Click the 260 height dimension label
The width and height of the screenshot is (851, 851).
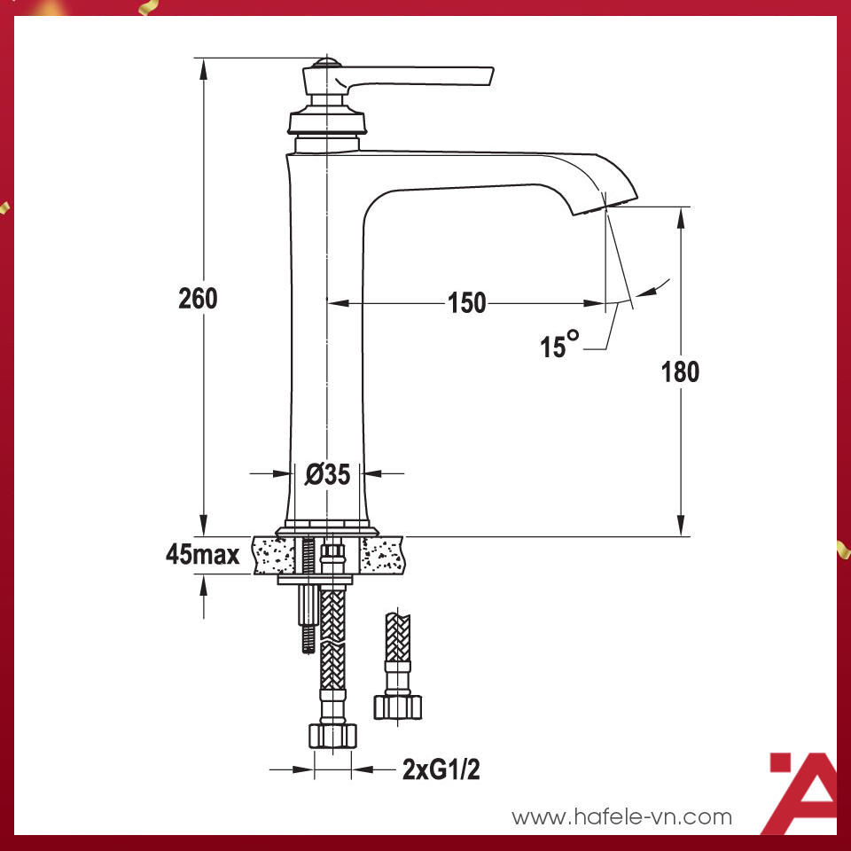(x=198, y=299)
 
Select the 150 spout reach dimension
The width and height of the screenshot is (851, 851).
(x=466, y=303)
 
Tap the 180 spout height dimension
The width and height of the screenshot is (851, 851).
(x=680, y=371)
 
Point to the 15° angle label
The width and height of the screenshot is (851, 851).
(x=559, y=346)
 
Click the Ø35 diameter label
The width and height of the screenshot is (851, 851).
(x=328, y=475)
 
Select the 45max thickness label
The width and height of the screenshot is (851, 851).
(x=203, y=555)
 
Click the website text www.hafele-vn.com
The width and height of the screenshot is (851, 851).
(x=622, y=816)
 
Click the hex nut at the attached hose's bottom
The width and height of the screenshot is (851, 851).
(x=332, y=735)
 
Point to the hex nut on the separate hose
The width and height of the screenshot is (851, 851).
(x=397, y=706)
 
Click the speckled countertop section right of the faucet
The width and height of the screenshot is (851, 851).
(x=384, y=555)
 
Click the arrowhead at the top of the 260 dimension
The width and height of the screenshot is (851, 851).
(x=204, y=67)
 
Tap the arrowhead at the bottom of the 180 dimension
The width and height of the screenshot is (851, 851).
(x=681, y=527)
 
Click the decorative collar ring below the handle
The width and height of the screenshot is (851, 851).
(x=327, y=122)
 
